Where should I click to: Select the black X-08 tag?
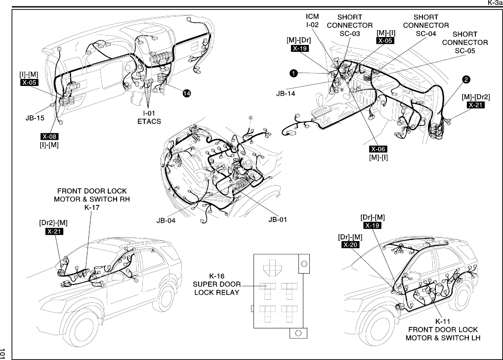pyautogui.click(x=50, y=136)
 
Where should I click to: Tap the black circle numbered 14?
pyautogui.click(x=186, y=94)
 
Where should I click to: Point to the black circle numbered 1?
pyautogui.click(x=293, y=73)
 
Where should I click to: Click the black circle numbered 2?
pyautogui.click(x=466, y=79)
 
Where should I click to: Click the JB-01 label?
pyautogui.click(x=277, y=219)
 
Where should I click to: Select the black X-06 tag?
pyautogui.click(x=378, y=149)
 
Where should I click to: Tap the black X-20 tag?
pyautogui.click(x=350, y=245)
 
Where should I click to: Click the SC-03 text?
pyautogui.click(x=349, y=34)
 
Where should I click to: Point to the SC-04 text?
pyautogui.click(x=426, y=34)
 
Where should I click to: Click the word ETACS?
pyautogui.click(x=149, y=121)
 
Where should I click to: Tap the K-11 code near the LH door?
pyautogui.click(x=443, y=321)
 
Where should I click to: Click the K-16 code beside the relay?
pyautogui.click(x=217, y=276)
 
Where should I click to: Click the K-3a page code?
pyautogui.click(x=495, y=3)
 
